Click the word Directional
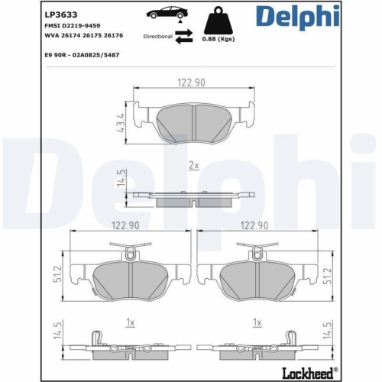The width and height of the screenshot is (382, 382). point(158,36)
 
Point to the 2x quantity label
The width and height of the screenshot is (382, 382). point(193,165)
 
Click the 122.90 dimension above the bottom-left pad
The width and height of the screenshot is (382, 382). point(125,225)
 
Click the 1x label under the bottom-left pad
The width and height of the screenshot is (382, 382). point(131,322)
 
